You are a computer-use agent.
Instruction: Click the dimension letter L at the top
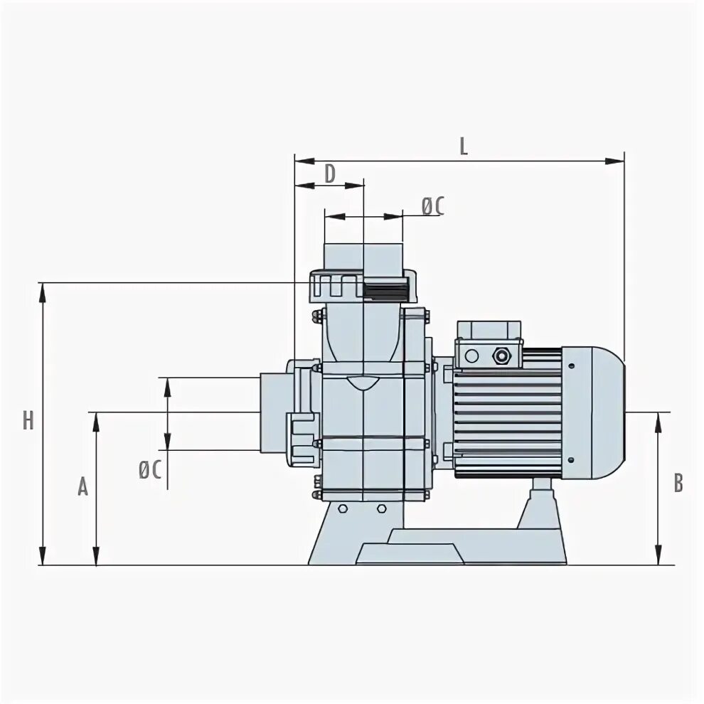(464, 146)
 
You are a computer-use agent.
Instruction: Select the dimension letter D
(330, 174)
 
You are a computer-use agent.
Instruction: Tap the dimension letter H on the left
(28, 421)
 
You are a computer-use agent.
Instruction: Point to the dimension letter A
(83, 486)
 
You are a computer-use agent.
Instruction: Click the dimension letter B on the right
(678, 483)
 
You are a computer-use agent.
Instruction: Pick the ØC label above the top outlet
(433, 206)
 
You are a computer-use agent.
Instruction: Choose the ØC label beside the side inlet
(150, 470)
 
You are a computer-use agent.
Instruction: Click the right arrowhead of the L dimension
(614, 161)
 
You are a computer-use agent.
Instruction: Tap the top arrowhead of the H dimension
(43, 292)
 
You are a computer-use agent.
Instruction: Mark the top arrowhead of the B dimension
(658, 422)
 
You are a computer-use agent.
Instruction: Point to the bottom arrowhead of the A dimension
(95, 556)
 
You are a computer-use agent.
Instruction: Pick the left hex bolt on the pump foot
(342, 508)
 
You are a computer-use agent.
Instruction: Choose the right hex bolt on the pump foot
(381, 508)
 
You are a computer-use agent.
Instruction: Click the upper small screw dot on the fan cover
(571, 367)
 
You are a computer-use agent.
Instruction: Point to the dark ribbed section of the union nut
(385, 289)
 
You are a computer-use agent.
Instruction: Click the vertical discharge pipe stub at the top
(363, 257)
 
